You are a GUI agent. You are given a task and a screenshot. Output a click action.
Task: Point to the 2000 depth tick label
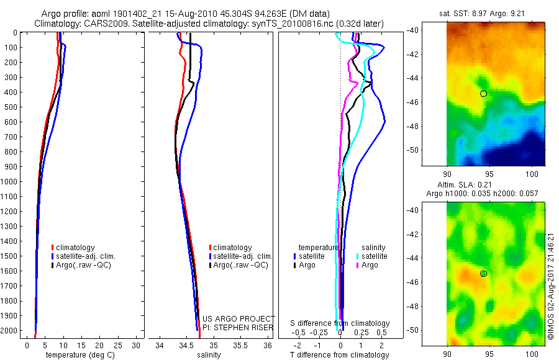pyautogui.click(x=10, y=331)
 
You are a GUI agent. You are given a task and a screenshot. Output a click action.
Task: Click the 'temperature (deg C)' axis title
pyautogui.click(x=78, y=355)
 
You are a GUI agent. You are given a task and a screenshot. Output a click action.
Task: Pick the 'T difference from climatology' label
pyautogui.click(x=340, y=355)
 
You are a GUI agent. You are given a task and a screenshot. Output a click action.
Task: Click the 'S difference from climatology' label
pyautogui.click(x=340, y=323)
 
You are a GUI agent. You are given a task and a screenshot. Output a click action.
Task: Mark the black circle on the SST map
pyautogui.click(x=483, y=94)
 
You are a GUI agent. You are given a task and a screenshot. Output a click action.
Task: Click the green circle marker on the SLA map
pyautogui.click(x=483, y=274)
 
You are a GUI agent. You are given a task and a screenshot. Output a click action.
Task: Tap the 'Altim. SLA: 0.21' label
pyautogui.click(x=486, y=186)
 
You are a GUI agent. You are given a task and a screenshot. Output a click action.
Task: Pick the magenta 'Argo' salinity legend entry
pyautogui.click(x=367, y=265)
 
